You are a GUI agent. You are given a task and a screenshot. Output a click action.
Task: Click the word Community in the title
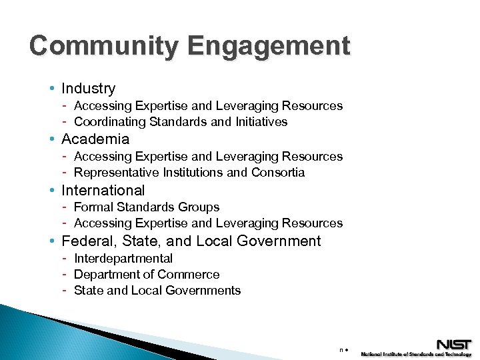103,46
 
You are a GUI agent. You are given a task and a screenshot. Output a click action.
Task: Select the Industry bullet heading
88,88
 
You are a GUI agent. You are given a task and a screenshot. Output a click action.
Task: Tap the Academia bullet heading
95,139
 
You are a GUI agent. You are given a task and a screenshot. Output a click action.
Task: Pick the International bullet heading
103,190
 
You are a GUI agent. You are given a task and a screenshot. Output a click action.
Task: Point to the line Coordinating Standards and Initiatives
181,122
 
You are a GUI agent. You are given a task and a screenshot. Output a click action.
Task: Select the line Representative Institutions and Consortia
189,173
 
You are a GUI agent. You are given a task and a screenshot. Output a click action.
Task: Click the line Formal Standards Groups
147,207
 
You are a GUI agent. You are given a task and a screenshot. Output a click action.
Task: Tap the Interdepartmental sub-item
123,258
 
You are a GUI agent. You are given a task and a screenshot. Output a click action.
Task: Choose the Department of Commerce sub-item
147,274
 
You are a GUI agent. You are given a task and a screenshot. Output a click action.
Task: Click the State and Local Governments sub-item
157,290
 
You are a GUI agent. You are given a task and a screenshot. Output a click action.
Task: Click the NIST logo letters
454,345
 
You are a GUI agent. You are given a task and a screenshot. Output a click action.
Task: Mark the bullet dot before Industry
52,88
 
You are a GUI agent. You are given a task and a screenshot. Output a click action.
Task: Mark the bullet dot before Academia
52,139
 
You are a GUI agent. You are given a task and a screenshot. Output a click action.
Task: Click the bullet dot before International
52,190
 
